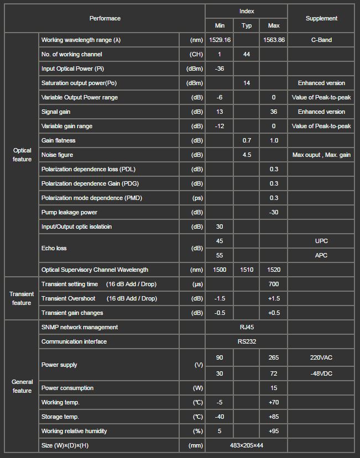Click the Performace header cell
[x=105, y=18]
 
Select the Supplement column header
[x=321, y=18]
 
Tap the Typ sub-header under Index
[x=247, y=25]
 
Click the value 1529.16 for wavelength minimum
[x=220, y=40]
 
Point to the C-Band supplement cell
[x=321, y=40]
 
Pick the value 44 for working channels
[x=247, y=54]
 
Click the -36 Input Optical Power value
[x=220, y=69]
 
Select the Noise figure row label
[x=57, y=155]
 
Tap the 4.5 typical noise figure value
[x=247, y=155]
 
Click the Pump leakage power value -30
[x=274, y=212]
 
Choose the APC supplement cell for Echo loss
[x=321, y=255]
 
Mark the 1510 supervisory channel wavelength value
[x=247, y=270]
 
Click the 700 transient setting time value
[x=274, y=284]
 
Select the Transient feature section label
[x=22, y=298]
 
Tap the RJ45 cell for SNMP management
[x=247, y=327]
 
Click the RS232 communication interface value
[x=247, y=341]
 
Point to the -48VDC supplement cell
[x=321, y=373]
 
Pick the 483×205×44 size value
[x=247, y=445]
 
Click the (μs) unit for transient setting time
[x=196, y=284]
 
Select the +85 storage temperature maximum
[x=274, y=417]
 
